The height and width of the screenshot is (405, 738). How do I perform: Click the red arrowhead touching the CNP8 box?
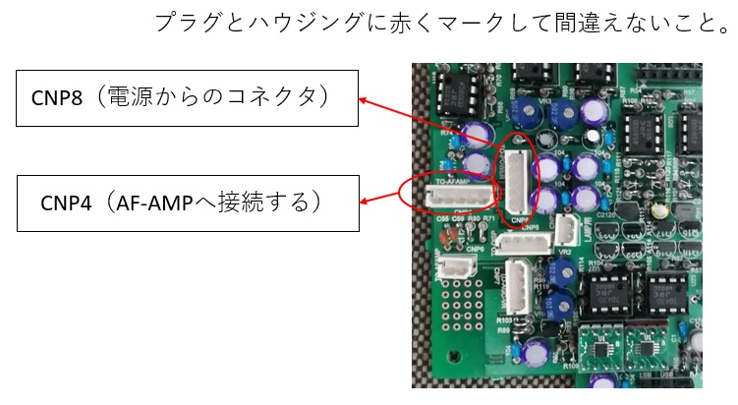(363, 99)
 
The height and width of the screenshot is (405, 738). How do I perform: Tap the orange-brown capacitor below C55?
(450, 232)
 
